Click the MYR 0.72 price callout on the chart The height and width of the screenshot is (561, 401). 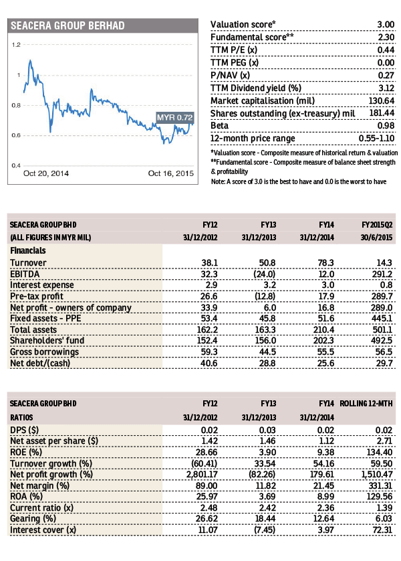click(174, 117)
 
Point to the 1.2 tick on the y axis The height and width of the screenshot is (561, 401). click(16, 45)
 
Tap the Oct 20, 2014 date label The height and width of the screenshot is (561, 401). click(46, 173)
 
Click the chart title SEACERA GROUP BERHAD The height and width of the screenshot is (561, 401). click(68, 25)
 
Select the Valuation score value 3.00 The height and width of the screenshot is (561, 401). click(386, 24)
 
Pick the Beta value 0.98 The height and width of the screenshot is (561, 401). click(386, 126)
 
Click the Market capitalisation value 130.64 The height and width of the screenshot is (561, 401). click(382, 101)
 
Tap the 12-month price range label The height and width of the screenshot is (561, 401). click(253, 139)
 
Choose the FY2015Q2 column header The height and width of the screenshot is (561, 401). click(377, 225)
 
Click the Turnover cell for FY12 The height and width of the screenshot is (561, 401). click(210, 262)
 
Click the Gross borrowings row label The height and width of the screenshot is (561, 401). click(44, 352)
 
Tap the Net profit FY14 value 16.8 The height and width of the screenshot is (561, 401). click(326, 308)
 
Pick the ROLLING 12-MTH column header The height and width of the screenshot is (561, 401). click(366, 404)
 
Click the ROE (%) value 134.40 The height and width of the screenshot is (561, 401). click(380, 453)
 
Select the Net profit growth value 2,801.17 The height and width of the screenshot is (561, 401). click(202, 475)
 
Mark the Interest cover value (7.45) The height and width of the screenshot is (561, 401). click(265, 530)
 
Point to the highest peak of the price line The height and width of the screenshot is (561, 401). click(30, 60)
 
